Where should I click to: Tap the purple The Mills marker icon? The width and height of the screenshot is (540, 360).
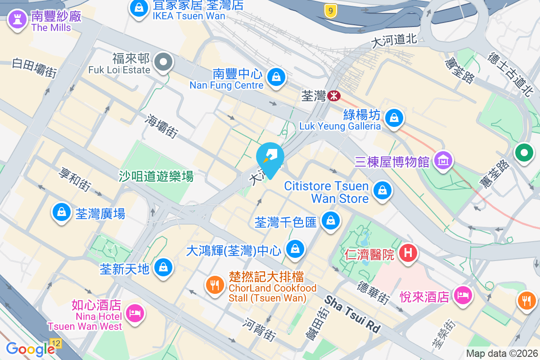(x=17, y=19)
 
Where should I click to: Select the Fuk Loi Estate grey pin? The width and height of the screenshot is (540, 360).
(x=163, y=62)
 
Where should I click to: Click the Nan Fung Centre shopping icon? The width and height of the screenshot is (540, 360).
(x=276, y=77)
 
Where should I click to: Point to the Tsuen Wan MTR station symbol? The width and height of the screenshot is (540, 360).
(x=333, y=95)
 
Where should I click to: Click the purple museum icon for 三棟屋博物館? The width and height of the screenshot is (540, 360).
(x=443, y=160)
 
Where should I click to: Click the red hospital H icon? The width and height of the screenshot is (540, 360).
(x=408, y=252)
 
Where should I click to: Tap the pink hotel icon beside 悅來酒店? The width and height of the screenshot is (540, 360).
(x=462, y=295)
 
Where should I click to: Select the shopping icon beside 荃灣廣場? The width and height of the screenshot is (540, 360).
(x=62, y=212)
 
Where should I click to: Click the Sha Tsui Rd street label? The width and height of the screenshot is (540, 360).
(x=352, y=314)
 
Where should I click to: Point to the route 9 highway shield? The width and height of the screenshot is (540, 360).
(x=331, y=11)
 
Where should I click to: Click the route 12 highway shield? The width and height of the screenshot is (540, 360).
(x=56, y=343)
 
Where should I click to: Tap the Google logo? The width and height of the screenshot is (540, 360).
(x=30, y=349)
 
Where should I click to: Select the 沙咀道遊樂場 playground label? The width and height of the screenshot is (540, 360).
(x=156, y=176)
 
